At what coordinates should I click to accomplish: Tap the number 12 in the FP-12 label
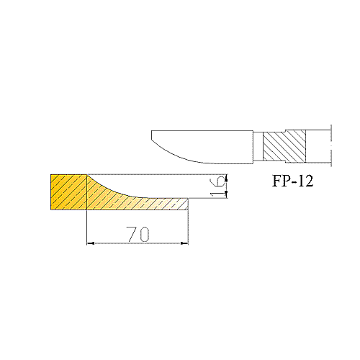[305, 181]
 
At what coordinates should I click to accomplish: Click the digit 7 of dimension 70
[132, 234]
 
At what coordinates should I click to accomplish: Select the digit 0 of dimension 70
[144, 234]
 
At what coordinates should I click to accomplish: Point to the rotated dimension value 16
[217, 187]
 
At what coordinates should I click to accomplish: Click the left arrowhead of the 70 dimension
[90, 243]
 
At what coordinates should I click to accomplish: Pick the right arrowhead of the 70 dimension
[184, 243]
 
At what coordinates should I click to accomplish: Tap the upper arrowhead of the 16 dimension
[226, 179]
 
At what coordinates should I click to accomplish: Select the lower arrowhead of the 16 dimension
[226, 194]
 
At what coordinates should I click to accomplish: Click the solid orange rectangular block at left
[68, 192]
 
